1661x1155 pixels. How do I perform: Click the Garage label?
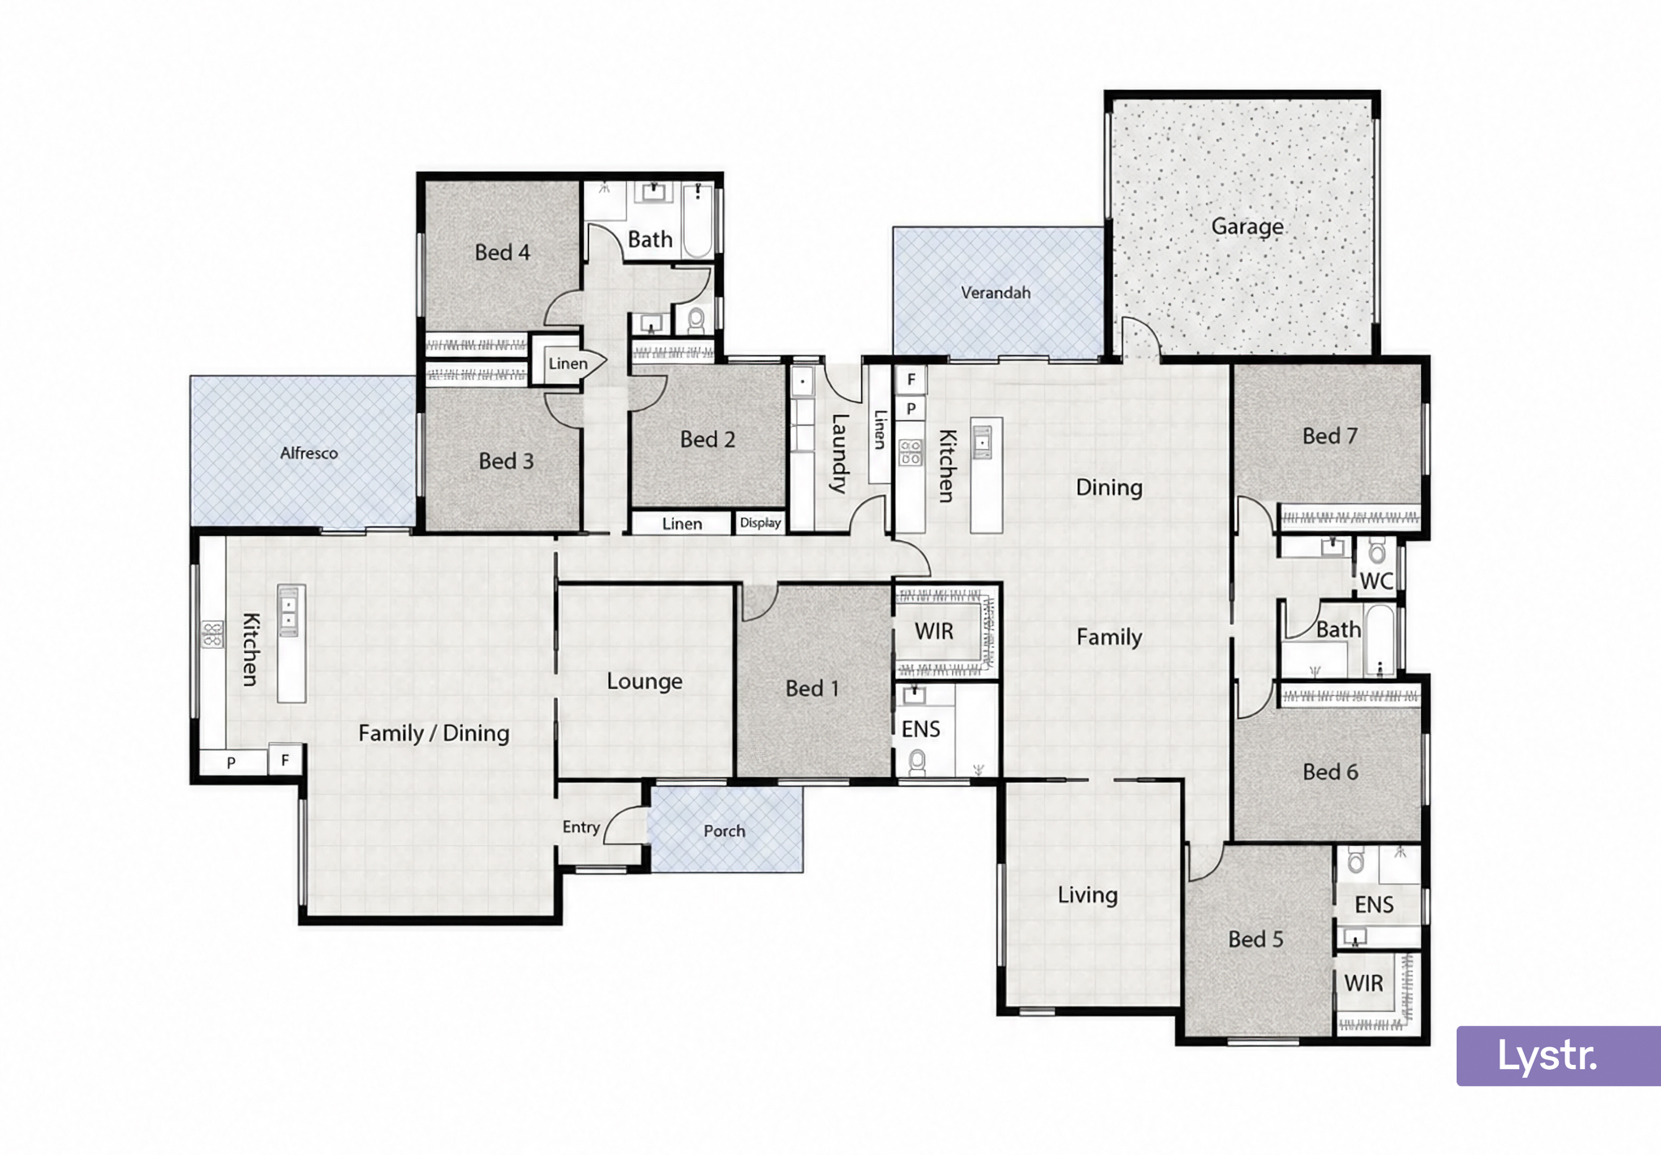pyautogui.click(x=1247, y=226)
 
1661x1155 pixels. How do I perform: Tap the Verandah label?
pyautogui.click(x=996, y=293)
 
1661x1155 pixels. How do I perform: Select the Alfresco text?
pyautogui.click(x=309, y=453)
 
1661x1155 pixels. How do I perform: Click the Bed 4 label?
pyautogui.click(x=502, y=252)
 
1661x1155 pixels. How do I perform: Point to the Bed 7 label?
pyautogui.click(x=1330, y=436)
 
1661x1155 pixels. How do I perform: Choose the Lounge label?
pyautogui.click(x=645, y=681)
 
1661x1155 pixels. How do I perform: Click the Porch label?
pyautogui.click(x=724, y=831)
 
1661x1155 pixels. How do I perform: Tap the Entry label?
pyautogui.click(x=582, y=827)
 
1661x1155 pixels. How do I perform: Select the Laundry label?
pyautogui.click(x=839, y=453)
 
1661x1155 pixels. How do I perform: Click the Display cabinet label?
pyautogui.click(x=761, y=523)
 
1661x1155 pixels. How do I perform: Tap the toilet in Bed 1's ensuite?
pyautogui.click(x=917, y=762)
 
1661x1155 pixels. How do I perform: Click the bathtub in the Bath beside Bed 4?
pyautogui.click(x=698, y=220)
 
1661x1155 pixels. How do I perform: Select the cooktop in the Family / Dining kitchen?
pyautogui.click(x=212, y=634)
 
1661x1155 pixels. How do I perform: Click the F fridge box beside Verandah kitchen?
pyautogui.click(x=912, y=379)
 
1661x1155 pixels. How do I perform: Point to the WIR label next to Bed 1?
pyautogui.click(x=934, y=632)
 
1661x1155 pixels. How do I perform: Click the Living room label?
pyautogui.click(x=1088, y=895)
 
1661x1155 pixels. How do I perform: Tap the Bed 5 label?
pyautogui.click(x=1255, y=939)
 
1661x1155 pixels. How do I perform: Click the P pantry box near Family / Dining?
pyautogui.click(x=232, y=762)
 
